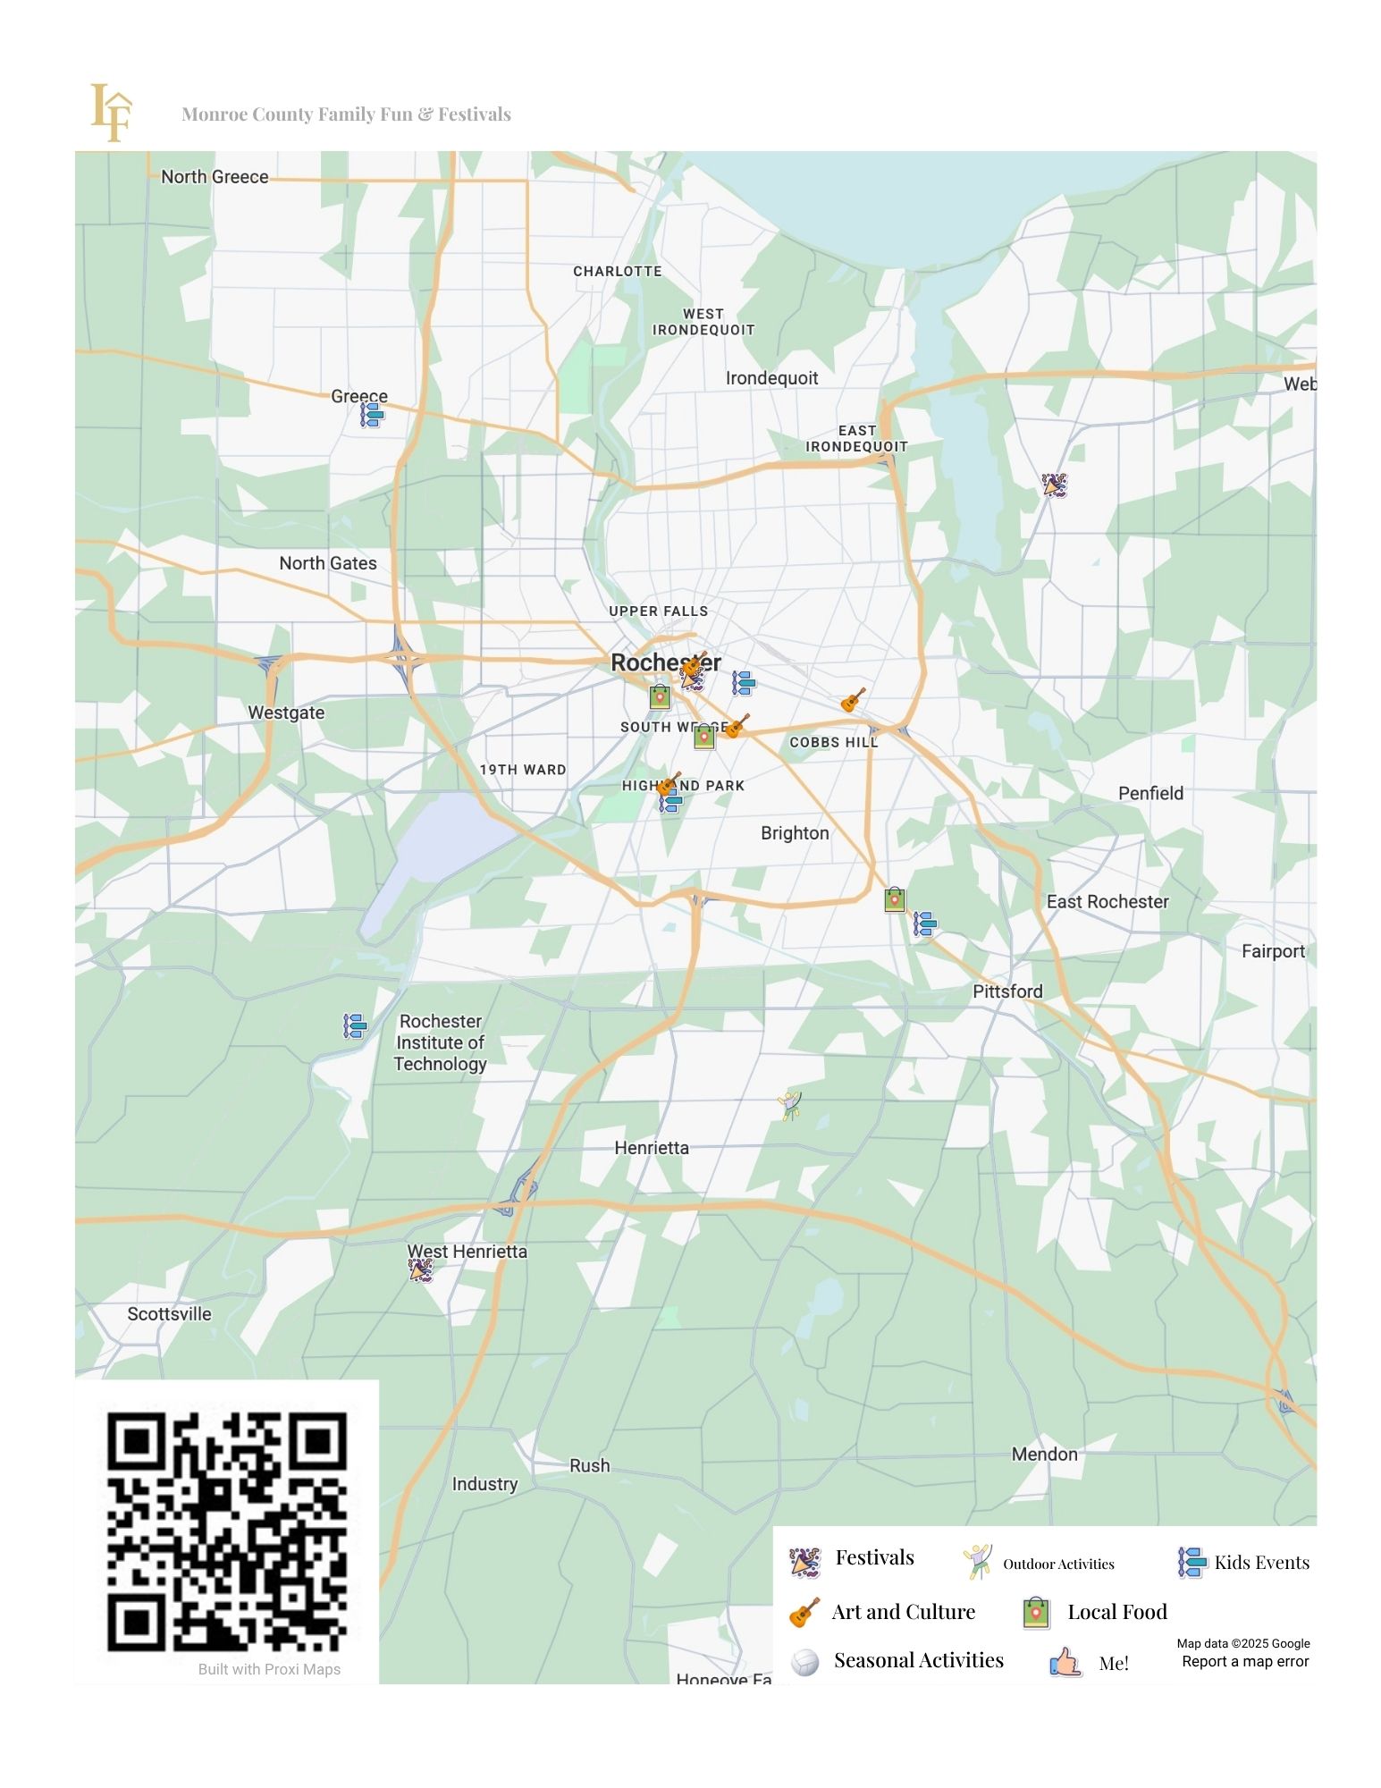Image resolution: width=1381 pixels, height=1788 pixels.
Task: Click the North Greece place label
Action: (x=215, y=177)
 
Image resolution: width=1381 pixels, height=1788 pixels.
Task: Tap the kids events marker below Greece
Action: (x=371, y=415)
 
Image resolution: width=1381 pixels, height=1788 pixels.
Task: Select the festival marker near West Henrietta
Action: (x=420, y=1269)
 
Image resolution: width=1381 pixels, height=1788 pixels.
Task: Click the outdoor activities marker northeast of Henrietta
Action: (x=790, y=1105)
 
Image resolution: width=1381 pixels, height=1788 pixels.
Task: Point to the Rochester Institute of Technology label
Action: (x=441, y=1042)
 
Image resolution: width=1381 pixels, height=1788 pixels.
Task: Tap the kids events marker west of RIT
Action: (x=355, y=1025)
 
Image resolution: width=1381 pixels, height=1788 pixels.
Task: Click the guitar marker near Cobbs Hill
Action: (x=853, y=700)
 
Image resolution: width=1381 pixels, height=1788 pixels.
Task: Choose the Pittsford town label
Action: (x=1007, y=991)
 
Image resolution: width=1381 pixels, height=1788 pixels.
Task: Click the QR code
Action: (x=227, y=1531)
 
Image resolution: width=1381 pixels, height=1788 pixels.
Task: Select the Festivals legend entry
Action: (x=873, y=1558)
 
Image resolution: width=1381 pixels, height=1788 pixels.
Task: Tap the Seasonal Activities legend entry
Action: (x=918, y=1661)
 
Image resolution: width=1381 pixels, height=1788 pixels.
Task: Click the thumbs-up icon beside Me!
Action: (x=1065, y=1662)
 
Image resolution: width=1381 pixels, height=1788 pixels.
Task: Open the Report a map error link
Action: (x=1244, y=1662)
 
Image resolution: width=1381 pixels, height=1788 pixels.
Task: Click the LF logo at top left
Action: (x=111, y=113)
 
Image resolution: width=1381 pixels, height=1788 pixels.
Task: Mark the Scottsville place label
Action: (x=169, y=1314)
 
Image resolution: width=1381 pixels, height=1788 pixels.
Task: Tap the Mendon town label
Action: (x=1044, y=1455)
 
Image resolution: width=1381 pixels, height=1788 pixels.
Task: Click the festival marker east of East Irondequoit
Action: (x=1054, y=485)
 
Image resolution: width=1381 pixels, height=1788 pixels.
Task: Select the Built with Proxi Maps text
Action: (x=269, y=1669)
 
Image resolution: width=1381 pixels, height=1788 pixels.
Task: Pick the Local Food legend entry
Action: (x=1116, y=1612)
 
